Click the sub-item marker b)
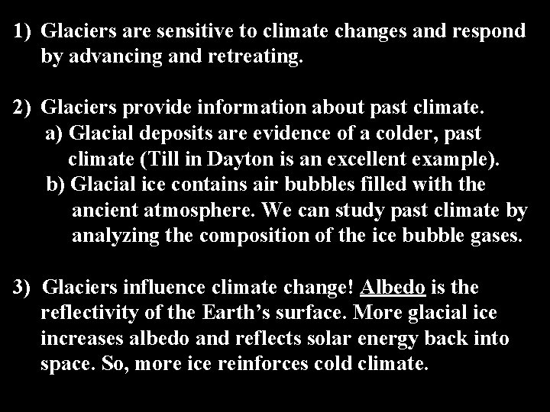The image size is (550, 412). click(55, 185)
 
